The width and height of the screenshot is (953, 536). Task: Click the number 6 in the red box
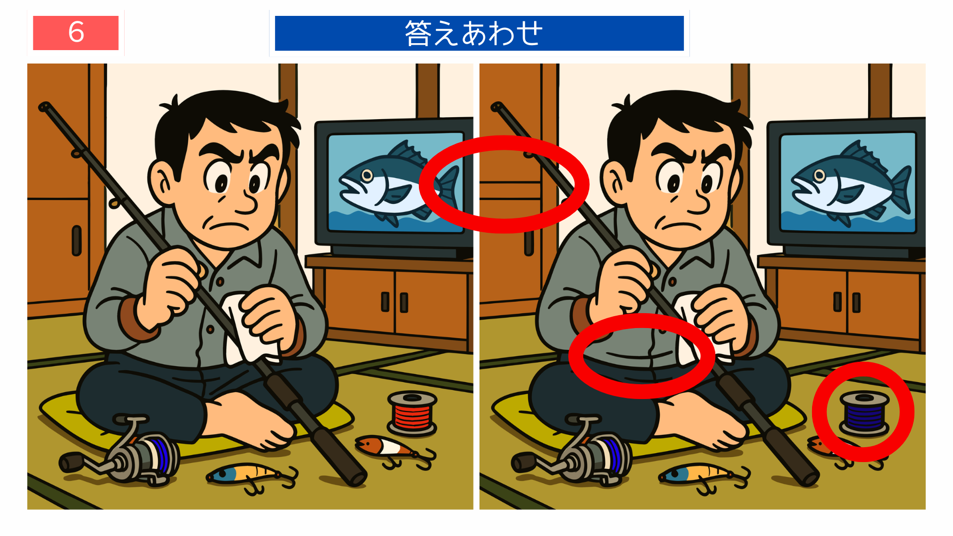tap(76, 33)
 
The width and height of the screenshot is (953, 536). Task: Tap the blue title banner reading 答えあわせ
tap(479, 33)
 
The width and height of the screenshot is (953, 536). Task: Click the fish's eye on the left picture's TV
tap(367, 175)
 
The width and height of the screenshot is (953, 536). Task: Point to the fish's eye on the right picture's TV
tap(819, 175)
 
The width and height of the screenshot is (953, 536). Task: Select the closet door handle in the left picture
tap(76, 241)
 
